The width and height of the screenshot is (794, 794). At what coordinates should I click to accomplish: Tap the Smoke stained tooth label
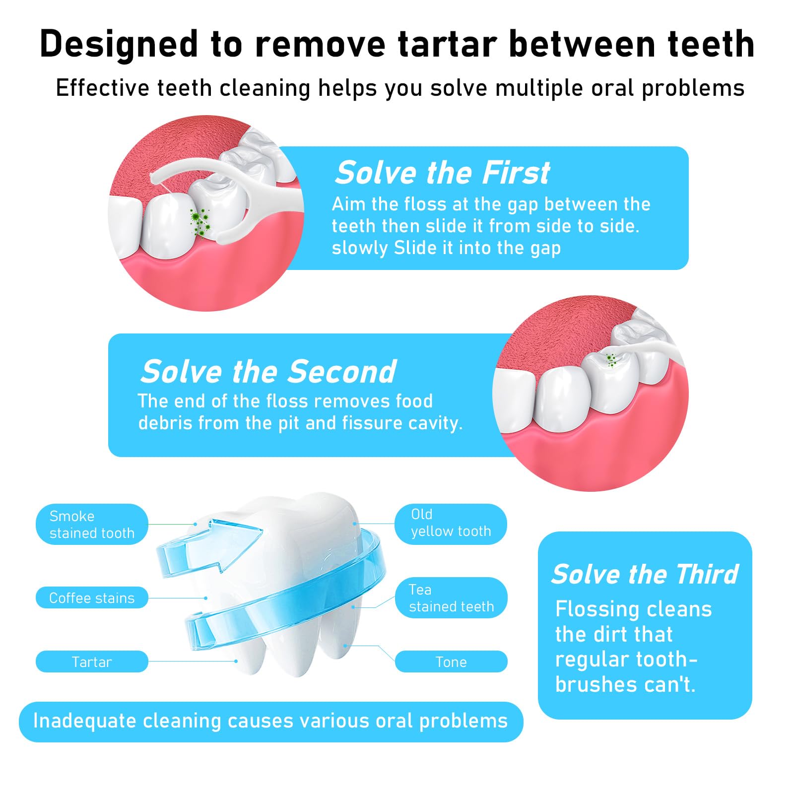tap(92, 524)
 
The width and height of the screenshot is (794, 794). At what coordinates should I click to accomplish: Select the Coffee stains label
tap(92, 597)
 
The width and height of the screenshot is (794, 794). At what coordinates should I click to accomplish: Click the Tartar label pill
tap(92, 662)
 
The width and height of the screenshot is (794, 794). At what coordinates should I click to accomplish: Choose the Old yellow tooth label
tap(451, 524)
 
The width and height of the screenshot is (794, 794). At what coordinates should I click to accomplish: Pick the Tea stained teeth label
tap(451, 597)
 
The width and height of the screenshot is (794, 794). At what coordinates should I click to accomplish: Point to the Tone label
tap(451, 662)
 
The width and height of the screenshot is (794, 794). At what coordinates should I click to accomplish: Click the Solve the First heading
tap(442, 173)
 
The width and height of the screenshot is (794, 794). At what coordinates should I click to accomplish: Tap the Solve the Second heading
tap(268, 371)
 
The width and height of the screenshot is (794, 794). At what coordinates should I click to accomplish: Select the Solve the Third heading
tap(645, 574)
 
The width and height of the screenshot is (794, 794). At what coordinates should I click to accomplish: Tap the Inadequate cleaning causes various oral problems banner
tap(271, 722)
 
